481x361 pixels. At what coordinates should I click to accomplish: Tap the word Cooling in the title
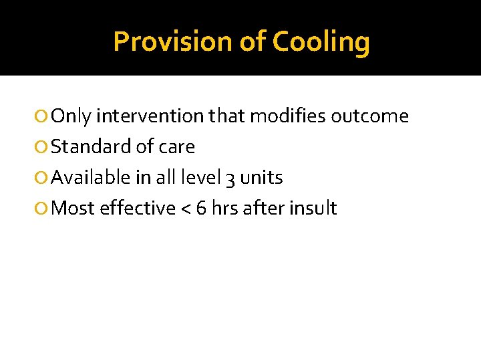(321, 41)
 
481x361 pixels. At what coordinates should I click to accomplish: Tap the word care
(177, 147)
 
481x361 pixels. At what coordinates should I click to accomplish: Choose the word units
(261, 178)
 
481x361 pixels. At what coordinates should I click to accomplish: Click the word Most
(73, 209)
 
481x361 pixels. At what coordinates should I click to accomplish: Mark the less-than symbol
(189, 209)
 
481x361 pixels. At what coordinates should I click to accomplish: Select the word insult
(314, 209)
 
